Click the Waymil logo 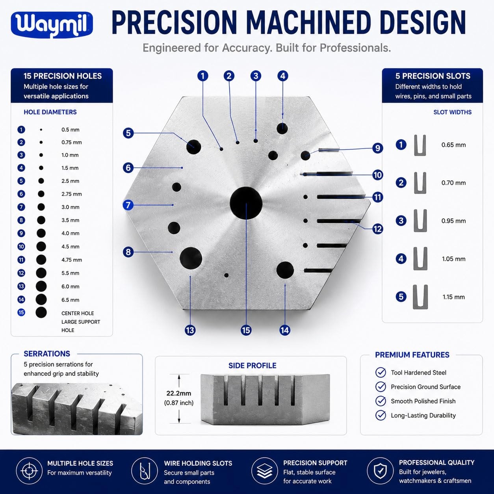pos(52,25)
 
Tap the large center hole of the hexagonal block pos(246,203)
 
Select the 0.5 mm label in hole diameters pos(70,130)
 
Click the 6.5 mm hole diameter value pos(70,300)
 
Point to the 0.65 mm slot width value pos(453,145)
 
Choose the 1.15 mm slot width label pos(453,297)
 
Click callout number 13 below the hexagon pos(190,330)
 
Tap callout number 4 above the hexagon pos(283,76)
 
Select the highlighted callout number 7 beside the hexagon pos(128,205)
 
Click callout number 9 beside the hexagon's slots pos(378,148)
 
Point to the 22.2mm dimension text pos(179,393)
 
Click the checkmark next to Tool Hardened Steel pos(381,373)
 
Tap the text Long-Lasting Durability pos(423,415)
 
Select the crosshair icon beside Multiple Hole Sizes pos(29,471)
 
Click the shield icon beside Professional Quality pos(380,471)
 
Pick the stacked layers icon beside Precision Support pos(265,471)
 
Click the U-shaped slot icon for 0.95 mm pos(420,221)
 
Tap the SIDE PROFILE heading pos(252,366)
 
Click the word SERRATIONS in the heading pos(47,354)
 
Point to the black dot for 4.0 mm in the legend pos(41,233)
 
